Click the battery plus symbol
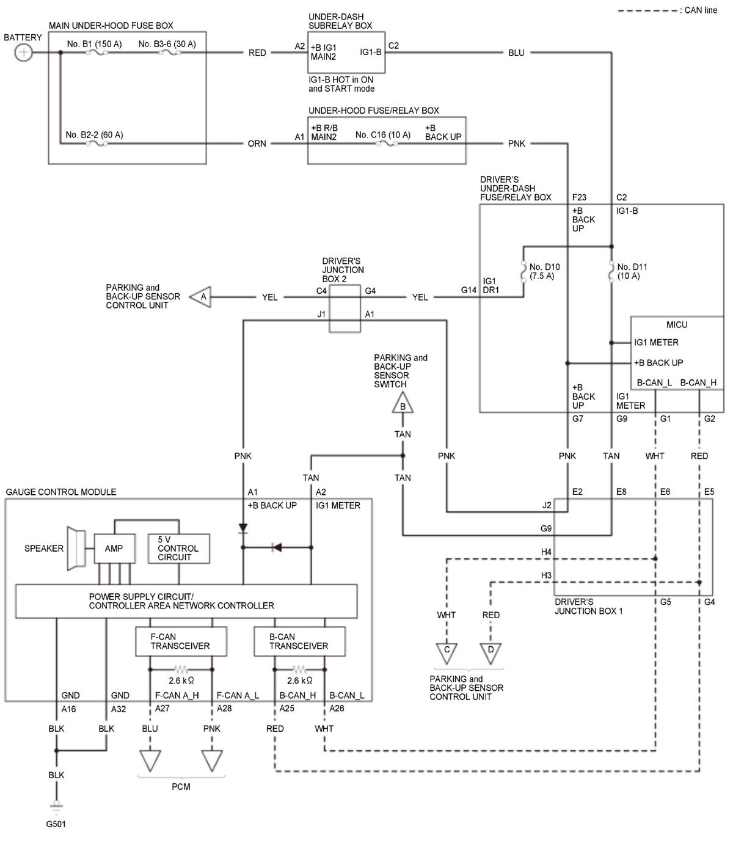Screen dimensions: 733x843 click(23, 53)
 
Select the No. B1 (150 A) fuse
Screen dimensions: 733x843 click(97, 53)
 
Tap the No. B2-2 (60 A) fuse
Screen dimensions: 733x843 click(97, 144)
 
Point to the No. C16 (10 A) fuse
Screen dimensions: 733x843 click(387, 144)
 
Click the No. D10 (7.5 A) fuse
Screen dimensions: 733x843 click(523, 271)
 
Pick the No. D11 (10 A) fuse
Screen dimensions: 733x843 click(611, 271)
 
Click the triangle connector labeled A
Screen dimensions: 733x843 click(200, 297)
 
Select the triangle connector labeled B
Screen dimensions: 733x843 click(403, 403)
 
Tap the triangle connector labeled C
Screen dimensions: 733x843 click(447, 654)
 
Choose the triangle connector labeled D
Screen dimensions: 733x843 click(490, 654)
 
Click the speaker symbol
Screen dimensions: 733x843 click(76, 548)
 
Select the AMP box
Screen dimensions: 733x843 click(114, 549)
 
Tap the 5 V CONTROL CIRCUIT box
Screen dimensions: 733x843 click(179, 549)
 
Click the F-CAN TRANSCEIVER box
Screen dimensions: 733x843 click(181, 641)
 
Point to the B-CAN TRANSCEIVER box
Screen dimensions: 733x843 click(299, 641)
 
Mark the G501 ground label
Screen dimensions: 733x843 click(56, 824)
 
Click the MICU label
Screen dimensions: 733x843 click(677, 324)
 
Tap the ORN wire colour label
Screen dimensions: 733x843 click(257, 144)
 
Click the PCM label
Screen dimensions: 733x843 click(181, 787)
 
